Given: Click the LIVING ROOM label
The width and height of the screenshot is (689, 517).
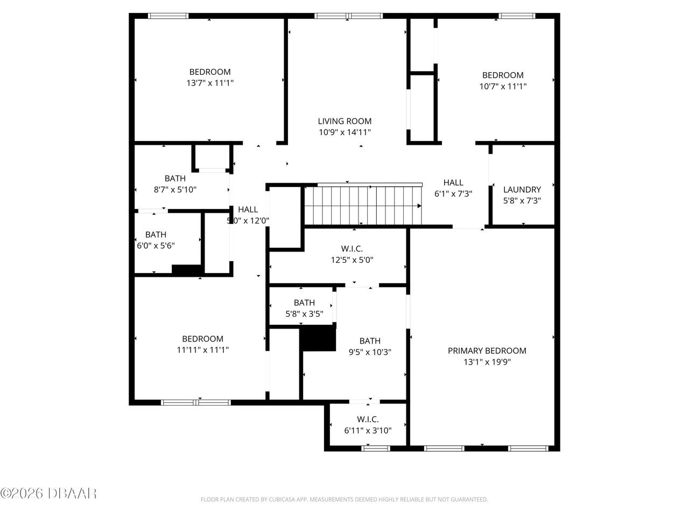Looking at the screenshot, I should pos(344,121).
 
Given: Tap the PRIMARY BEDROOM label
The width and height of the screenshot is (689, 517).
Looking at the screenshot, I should pos(487,351).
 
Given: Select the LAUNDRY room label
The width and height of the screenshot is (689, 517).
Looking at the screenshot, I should pos(522,190).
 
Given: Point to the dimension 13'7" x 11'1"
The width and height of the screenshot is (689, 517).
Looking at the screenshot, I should pos(210,83).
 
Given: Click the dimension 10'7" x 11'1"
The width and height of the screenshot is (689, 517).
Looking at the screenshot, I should pos(503,86).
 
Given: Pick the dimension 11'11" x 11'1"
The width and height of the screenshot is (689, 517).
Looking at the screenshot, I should pos(202,350).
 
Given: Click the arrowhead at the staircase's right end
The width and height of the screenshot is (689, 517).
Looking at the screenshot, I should pos(418,206).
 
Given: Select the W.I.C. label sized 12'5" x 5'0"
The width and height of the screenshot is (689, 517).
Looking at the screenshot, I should pos(352,249).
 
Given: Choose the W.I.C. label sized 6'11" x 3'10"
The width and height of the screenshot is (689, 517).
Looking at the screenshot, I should pos(368,419).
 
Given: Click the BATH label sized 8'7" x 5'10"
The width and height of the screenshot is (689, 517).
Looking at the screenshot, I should pos(175,178).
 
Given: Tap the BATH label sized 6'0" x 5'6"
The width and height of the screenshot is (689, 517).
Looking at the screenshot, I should pos(156,234).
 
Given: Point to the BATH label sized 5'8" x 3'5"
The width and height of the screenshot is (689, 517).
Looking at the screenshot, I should pos(304,303).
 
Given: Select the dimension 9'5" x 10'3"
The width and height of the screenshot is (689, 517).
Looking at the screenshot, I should pos(370,352).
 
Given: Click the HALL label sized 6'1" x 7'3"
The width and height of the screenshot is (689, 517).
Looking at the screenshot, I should pos(453,183).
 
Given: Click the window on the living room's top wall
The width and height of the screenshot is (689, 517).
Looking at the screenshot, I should pos(348,16).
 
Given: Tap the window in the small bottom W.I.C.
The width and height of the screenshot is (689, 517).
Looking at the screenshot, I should pos(375,448).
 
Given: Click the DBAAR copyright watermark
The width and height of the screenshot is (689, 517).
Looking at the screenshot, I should pos(48,493).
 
